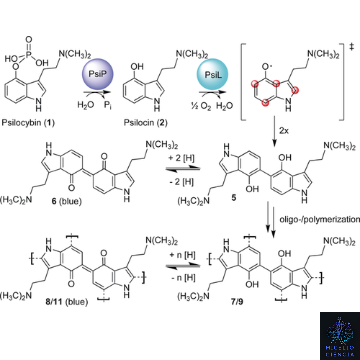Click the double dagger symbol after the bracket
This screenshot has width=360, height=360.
pyautogui.click(x=351, y=47)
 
